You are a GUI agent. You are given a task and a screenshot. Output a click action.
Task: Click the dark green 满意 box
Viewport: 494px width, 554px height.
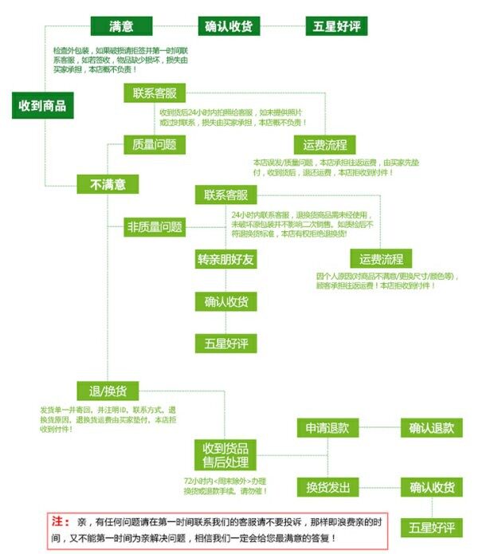tap(121, 26)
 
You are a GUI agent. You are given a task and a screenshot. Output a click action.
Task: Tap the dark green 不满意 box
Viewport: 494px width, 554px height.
tap(108, 184)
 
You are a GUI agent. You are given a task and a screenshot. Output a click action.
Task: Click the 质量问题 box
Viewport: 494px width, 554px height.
tap(155, 144)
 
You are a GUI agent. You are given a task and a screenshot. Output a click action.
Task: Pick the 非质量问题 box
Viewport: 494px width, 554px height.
tap(155, 227)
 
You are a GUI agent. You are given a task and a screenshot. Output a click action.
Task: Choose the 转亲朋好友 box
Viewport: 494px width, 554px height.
tap(227, 260)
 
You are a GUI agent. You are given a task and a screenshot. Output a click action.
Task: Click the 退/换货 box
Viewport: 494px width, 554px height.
tap(108, 391)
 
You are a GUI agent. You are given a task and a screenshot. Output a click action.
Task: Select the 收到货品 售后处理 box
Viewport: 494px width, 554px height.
tap(225, 455)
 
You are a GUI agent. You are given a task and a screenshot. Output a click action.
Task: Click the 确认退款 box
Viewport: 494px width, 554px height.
tap(432, 428)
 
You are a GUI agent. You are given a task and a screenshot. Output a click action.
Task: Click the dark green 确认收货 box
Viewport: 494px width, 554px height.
tap(228, 26)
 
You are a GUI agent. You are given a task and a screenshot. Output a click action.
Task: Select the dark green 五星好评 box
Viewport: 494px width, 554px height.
tap(336, 26)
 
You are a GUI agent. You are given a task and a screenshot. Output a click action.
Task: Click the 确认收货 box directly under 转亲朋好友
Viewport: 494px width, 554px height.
tap(227, 302)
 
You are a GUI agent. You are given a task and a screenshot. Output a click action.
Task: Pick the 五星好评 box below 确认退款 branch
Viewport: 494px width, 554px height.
tap(432, 528)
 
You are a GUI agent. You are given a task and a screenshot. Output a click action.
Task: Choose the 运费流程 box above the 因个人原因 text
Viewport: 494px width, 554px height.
tap(382, 259)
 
